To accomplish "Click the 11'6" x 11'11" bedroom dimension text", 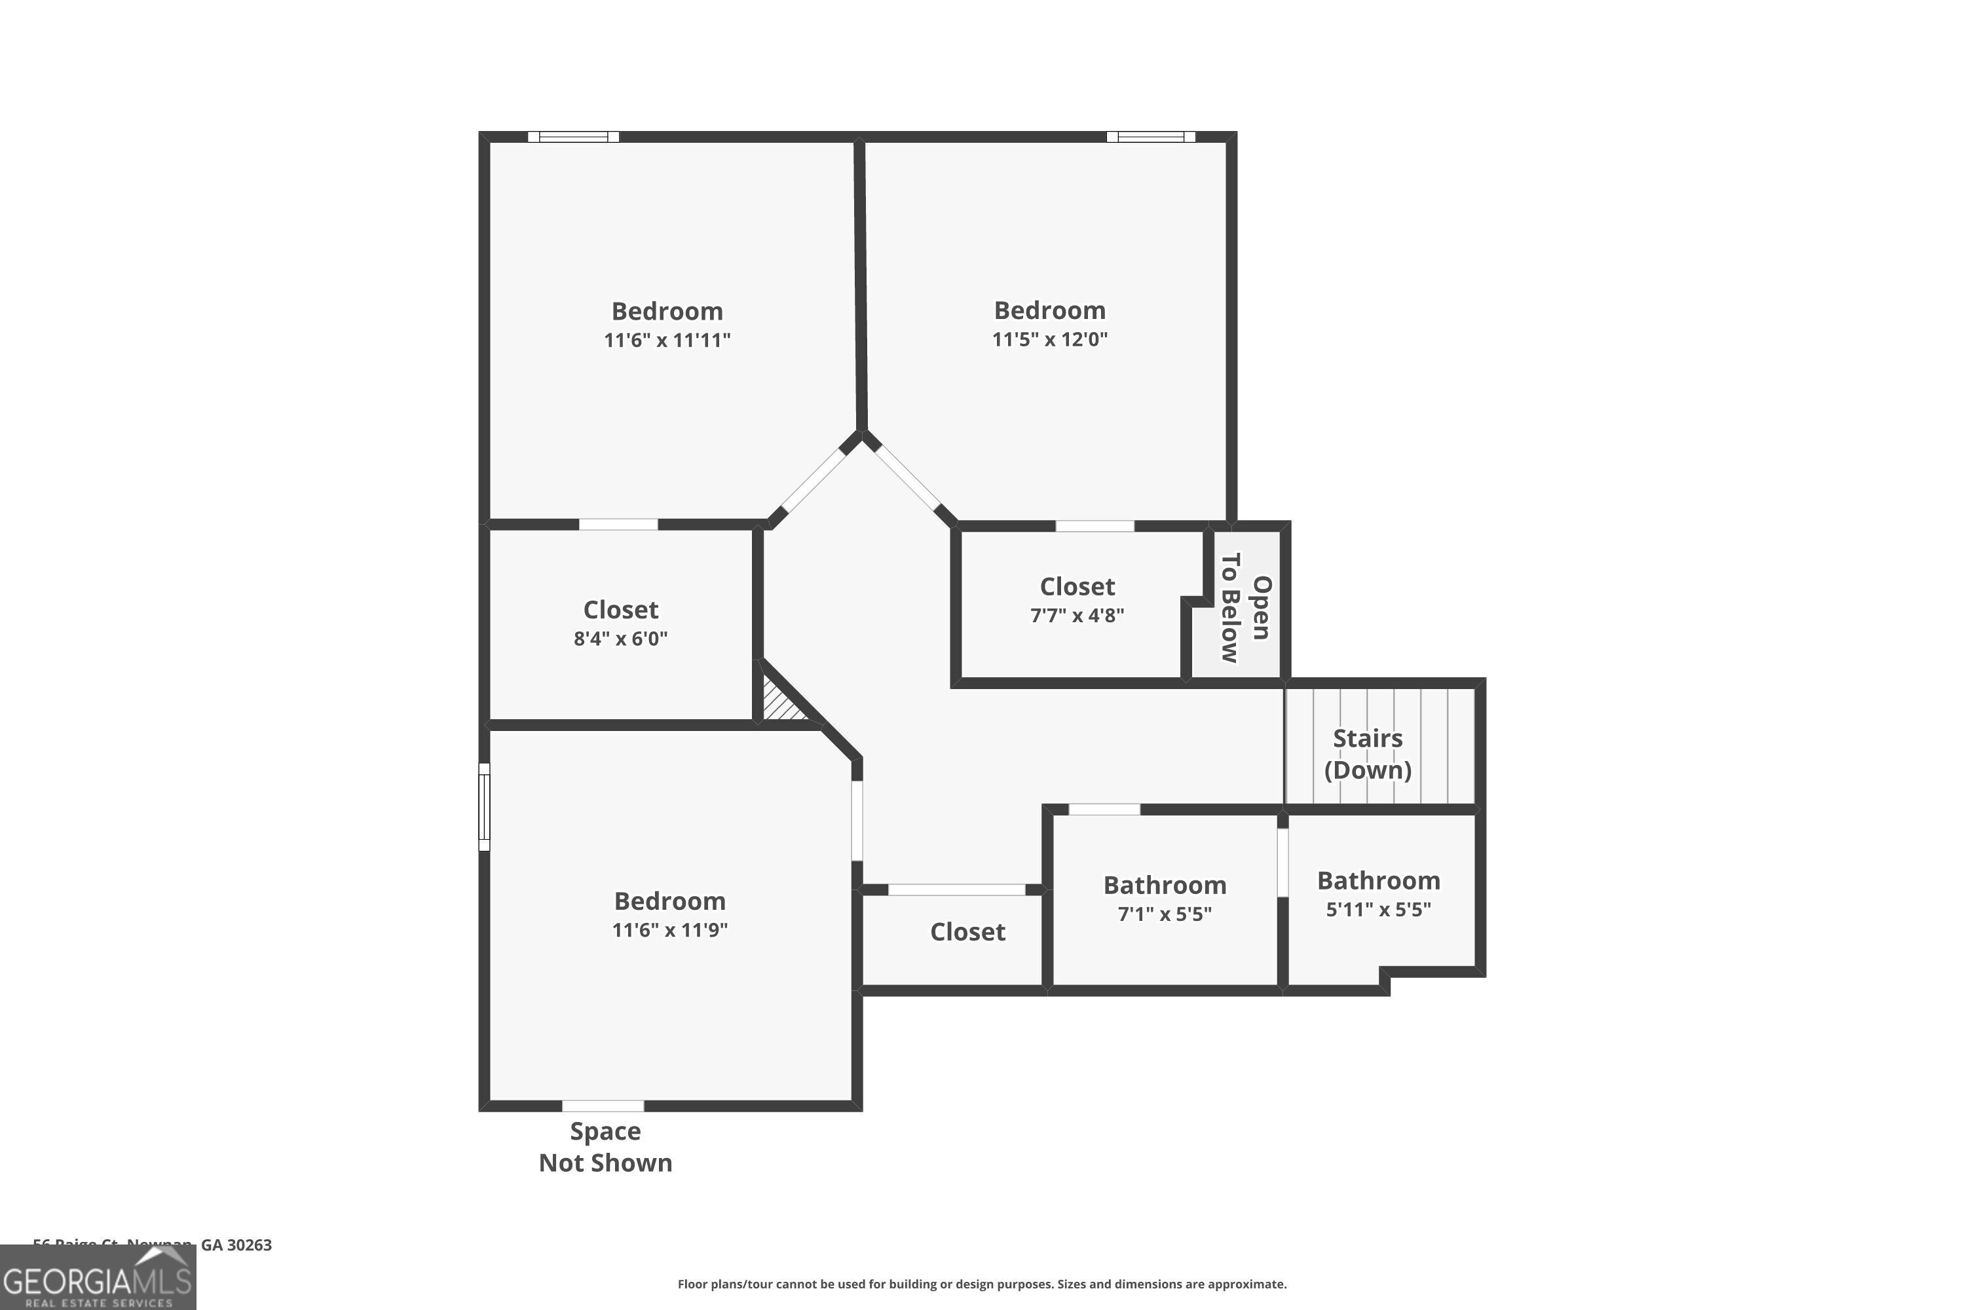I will coord(667,340).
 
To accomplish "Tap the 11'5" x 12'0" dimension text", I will coord(1049,339).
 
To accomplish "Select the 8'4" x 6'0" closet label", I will coord(620,624).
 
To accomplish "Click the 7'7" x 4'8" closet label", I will coord(1077,600).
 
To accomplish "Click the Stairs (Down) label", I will coord(1367,754).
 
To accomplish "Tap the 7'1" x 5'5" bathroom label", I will coord(1165,898).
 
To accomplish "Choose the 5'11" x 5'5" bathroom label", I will coord(1379,894).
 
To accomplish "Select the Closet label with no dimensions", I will coord(967,931).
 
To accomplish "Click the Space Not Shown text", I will coord(605,1146).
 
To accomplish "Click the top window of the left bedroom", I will coord(573,137).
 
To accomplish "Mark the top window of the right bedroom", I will coord(1150,137).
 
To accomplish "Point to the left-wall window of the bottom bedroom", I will coord(484,807).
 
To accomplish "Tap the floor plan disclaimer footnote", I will coord(982,1284).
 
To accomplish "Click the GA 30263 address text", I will coord(236,1245).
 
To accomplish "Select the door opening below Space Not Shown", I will coord(603,1106).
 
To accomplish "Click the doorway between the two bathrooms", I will coord(1282,862).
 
